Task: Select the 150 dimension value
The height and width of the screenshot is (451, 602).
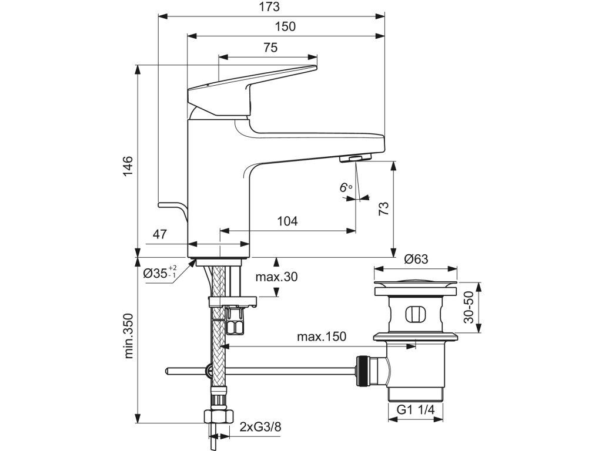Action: pos(286,26)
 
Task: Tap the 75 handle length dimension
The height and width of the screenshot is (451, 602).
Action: pos(270,48)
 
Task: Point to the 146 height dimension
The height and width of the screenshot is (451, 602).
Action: pos(128,166)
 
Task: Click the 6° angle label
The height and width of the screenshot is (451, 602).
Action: pos(346,187)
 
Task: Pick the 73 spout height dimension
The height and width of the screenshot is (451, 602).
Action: pos(383,208)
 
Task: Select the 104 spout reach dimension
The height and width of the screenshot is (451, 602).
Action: pos(287,221)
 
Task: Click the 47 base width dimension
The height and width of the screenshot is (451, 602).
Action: pos(160,234)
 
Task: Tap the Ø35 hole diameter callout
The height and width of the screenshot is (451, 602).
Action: pos(160,272)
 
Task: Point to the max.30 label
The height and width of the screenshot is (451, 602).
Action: pos(276,277)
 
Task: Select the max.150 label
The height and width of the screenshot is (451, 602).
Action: pos(322,336)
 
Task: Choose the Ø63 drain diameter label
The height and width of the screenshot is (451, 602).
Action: pos(416,259)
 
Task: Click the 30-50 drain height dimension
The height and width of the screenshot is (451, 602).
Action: pos(469,307)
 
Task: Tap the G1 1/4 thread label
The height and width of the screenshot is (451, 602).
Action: pos(416,409)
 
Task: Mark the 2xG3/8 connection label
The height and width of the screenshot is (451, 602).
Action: pos(260,426)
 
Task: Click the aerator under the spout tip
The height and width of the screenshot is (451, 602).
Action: pos(355,157)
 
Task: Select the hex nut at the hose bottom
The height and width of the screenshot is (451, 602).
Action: pos(219,416)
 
